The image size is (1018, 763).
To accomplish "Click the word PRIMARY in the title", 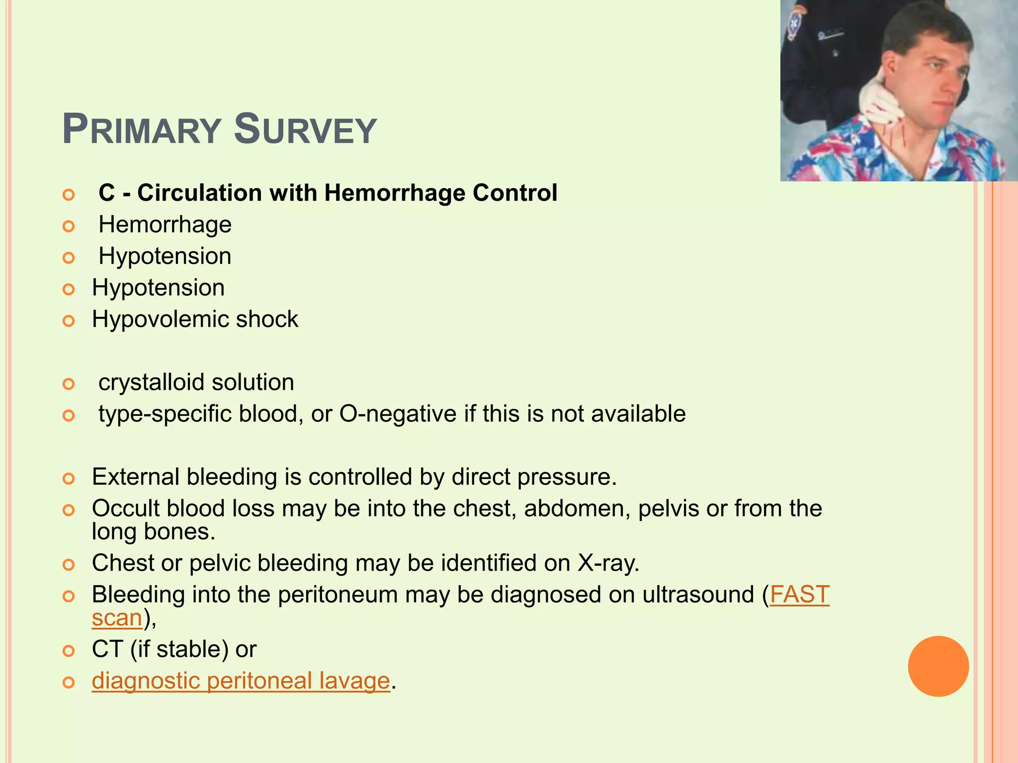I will coord(141,130).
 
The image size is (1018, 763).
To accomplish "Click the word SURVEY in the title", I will coord(305,130).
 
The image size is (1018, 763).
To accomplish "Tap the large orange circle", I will coord(938,666).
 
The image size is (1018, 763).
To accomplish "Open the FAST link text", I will coord(799,595).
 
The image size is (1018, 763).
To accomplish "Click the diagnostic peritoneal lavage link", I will coord(241,681).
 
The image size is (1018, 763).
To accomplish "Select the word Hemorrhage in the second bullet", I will coord(165,225).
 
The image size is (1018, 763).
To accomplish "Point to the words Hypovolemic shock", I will coord(195,319).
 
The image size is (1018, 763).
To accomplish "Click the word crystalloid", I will coord(151,382).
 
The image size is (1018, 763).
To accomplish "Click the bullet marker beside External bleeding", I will coord(69,479).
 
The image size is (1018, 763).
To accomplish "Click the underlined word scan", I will coord(117,618).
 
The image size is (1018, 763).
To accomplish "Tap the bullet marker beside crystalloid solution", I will coord(69,384).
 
